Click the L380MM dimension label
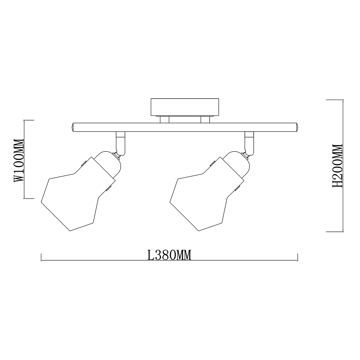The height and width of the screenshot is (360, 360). (169, 255)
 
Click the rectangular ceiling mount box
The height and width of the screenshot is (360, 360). (185, 107)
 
